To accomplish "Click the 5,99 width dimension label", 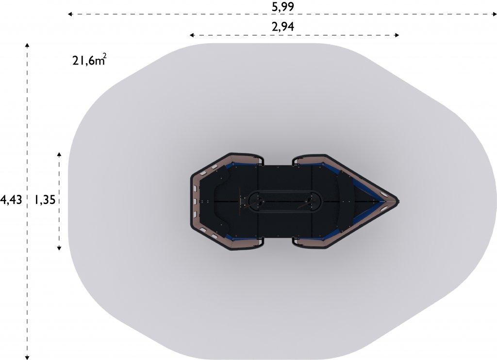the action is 283,6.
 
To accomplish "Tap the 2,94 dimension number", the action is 283,26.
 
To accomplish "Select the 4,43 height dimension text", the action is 11,200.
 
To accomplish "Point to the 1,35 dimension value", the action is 45,200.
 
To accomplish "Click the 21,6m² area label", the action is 89,59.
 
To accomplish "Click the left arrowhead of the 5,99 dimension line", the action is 70,14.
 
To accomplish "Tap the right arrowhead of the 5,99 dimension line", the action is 495,14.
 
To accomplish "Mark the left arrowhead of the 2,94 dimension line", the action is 192,35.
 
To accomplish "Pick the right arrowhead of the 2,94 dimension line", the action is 397,35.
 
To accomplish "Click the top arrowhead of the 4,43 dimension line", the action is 28,45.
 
